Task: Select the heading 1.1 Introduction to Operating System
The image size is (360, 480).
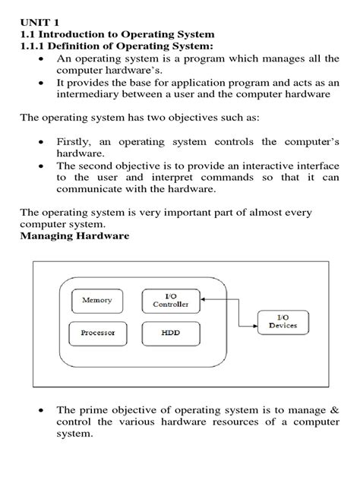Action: (117, 34)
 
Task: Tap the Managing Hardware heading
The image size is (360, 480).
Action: (74, 236)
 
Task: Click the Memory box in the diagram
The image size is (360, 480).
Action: (96, 301)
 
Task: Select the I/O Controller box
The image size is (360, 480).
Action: (171, 301)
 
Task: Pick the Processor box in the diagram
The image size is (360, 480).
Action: (96, 333)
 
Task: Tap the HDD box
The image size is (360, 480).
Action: (170, 333)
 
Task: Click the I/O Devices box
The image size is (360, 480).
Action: (283, 322)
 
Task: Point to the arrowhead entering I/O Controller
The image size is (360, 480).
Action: (205, 299)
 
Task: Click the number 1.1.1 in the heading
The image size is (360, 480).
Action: (33, 46)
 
